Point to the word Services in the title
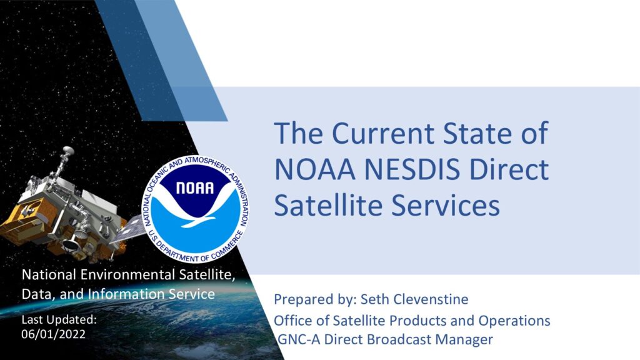click(446, 205)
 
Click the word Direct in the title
click(509, 169)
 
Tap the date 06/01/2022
click(54, 334)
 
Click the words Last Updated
click(59, 319)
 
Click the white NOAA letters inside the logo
click(195, 188)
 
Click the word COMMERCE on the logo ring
click(228, 245)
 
